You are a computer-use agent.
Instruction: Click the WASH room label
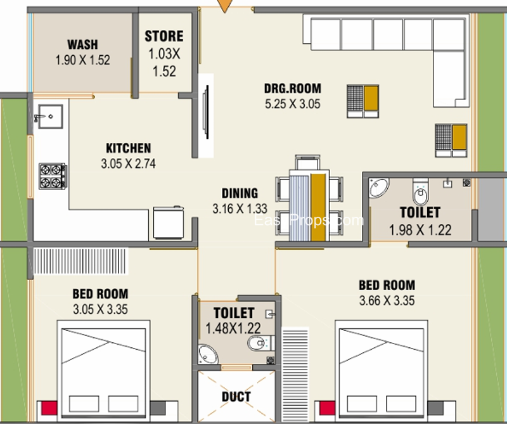[x=82, y=44]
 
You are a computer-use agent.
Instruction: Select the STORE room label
[x=164, y=36]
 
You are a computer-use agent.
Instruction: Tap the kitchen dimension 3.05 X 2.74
[x=129, y=164]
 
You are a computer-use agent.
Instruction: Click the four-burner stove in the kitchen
[x=53, y=176]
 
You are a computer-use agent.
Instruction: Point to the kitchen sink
[x=51, y=117]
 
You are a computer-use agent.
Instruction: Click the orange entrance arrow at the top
[x=225, y=6]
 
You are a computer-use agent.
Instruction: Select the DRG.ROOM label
[x=293, y=88]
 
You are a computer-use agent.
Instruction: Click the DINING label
[x=240, y=193]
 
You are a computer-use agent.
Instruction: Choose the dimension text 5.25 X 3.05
[x=293, y=104]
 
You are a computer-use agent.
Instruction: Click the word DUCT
[x=236, y=397]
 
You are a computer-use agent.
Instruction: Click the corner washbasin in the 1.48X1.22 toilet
[x=208, y=354]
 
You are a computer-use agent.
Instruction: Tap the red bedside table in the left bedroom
[x=49, y=408]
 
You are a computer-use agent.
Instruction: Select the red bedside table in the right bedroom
[x=327, y=408]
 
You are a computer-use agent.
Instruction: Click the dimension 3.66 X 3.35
[x=387, y=301]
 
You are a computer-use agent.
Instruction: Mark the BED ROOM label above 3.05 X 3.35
[x=100, y=294]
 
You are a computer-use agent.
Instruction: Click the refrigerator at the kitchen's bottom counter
[x=168, y=222]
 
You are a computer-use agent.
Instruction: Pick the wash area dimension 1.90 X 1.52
[x=83, y=60]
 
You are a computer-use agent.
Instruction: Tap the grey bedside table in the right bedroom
[x=435, y=408]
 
